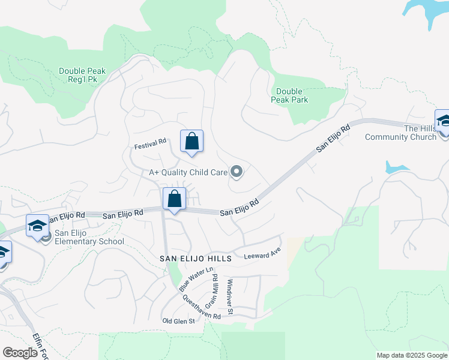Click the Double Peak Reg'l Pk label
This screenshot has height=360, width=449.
tap(82, 76)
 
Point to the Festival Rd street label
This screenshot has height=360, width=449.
tap(150, 144)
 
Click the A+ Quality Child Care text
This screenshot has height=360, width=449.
tap(188, 172)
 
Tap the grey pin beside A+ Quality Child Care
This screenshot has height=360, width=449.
tap(237, 173)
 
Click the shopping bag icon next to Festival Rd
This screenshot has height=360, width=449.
tap(191, 142)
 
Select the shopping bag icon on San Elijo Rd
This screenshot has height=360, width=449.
tap(174, 199)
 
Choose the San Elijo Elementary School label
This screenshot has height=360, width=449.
tap(89, 238)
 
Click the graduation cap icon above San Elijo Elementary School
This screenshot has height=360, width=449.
tap(37, 226)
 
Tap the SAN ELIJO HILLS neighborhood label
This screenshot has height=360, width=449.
tap(195, 258)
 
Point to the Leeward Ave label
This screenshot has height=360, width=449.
tap(262, 256)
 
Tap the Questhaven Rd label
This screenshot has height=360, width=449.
tap(202, 306)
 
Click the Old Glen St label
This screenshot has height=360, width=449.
tap(179, 321)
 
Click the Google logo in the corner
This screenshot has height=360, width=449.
tap(20, 353)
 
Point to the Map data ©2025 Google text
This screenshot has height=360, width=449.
tap(412, 355)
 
